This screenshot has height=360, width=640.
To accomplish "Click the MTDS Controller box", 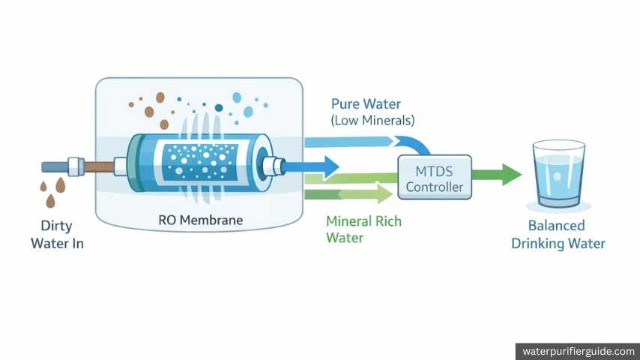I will point(434,178).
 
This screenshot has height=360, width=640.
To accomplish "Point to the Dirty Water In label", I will point(57,234).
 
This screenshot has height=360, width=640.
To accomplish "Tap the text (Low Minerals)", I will point(372,120).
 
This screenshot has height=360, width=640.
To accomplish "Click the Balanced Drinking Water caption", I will point(558,234).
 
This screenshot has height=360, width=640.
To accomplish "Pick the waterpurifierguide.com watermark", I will point(577,351).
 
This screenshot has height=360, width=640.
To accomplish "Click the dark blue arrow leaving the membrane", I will point(319,166).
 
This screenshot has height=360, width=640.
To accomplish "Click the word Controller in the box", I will point(434,187).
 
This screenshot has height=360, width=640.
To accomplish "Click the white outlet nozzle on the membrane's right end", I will point(274,166).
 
